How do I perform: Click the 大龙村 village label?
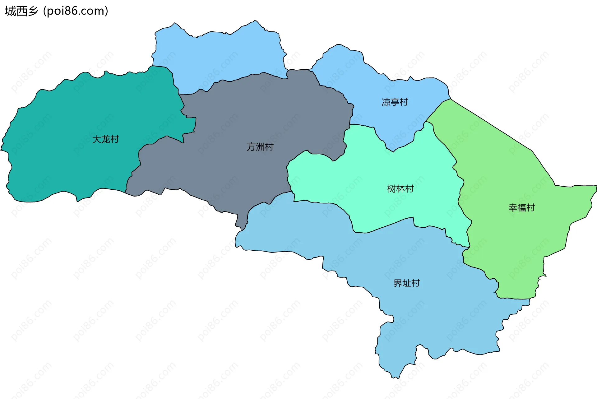106,139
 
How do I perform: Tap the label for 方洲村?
260,147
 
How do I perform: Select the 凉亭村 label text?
395,102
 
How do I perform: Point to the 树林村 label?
400,189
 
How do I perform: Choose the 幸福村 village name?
521,207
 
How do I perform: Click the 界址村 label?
406,283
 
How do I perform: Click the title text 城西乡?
21,11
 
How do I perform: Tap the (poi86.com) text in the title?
76,11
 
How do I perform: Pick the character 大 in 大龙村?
97,139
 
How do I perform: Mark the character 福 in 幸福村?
521,207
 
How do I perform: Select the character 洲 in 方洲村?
260,147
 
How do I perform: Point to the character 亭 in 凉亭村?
395,102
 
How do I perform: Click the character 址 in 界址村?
406,283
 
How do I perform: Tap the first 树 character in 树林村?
391,189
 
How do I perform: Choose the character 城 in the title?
10,11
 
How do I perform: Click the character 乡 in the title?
33,11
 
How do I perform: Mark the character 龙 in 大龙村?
106,139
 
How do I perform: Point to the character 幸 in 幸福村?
512,207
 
